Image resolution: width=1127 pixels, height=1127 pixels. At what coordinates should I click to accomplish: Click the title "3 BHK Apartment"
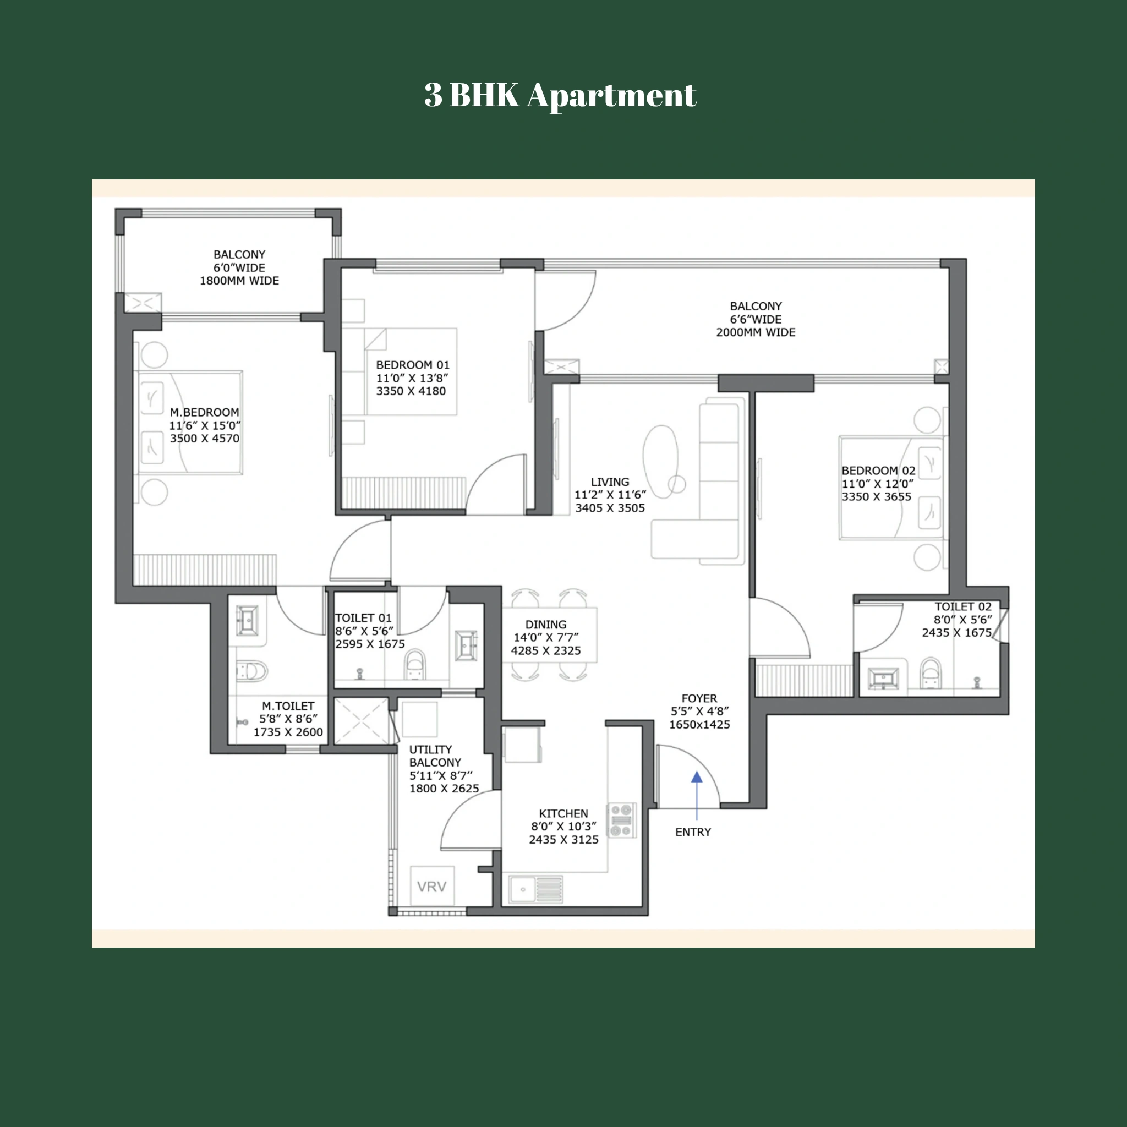click(560, 95)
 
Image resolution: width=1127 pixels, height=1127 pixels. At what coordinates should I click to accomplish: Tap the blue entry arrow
click(697, 778)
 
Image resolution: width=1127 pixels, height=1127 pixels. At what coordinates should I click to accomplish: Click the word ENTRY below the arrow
click(693, 833)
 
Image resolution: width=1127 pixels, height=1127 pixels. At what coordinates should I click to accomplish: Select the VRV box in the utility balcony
click(431, 887)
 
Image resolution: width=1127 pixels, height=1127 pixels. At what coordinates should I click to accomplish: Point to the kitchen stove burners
click(622, 820)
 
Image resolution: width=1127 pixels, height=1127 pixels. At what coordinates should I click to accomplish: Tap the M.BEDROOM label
click(204, 412)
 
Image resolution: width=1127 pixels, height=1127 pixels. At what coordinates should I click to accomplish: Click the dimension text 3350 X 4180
click(411, 391)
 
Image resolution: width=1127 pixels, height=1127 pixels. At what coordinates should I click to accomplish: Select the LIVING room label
click(610, 482)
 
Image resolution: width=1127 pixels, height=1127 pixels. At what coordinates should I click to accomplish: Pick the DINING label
click(545, 624)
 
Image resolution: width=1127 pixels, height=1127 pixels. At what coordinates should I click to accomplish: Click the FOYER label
click(699, 698)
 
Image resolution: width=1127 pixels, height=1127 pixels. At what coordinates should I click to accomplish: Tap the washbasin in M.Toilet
click(247, 620)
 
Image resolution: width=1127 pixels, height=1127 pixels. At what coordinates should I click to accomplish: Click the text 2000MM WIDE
click(756, 332)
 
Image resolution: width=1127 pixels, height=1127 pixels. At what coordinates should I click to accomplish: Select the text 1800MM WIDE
click(239, 281)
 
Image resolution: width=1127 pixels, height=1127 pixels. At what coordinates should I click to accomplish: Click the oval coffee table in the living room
click(661, 461)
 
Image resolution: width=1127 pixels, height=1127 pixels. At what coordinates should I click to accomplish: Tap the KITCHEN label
click(563, 813)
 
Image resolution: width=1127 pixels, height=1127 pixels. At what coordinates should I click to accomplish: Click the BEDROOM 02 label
click(878, 471)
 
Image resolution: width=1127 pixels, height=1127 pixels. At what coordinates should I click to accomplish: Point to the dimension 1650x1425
click(699, 725)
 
